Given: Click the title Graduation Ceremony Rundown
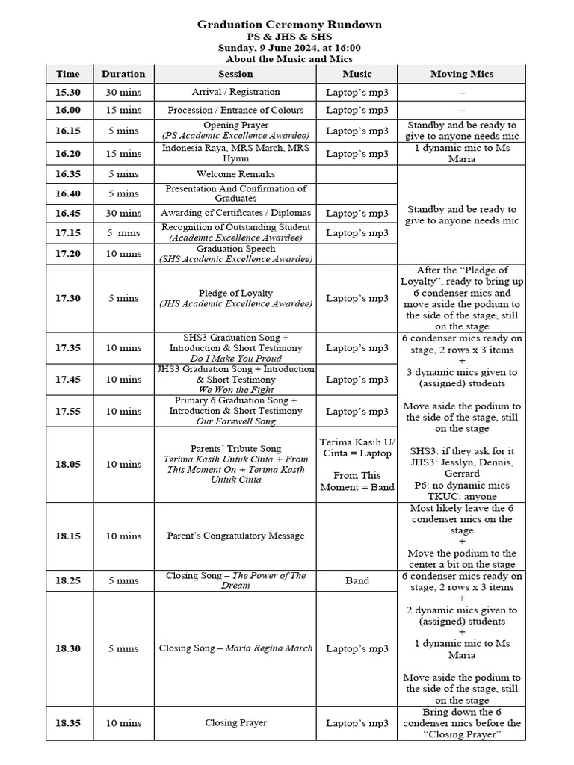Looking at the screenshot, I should (x=289, y=25).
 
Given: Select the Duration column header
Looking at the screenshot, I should (x=123, y=74).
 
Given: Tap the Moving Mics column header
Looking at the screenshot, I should (x=461, y=74).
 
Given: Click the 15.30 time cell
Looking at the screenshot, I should (x=68, y=92).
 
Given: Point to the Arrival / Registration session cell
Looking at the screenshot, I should (x=235, y=92).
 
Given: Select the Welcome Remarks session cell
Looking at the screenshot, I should (x=235, y=174).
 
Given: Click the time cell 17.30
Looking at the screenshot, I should (x=68, y=298).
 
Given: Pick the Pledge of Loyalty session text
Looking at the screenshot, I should (x=235, y=293).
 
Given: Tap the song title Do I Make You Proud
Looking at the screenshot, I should (x=235, y=359).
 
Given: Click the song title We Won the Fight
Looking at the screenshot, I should (x=235, y=390).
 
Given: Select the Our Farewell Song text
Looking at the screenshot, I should (x=235, y=421).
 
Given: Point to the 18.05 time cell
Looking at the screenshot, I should (x=68, y=464).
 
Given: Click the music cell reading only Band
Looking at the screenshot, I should (x=357, y=580).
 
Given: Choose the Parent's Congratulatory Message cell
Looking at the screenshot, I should (x=235, y=536).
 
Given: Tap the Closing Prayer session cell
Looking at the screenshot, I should (x=235, y=723).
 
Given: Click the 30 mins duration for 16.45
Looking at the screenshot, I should (x=123, y=213).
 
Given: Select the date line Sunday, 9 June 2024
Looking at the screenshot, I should (x=289, y=47).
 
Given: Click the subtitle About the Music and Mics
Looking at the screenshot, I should (x=289, y=58).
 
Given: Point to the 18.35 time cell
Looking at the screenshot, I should (x=68, y=723).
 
